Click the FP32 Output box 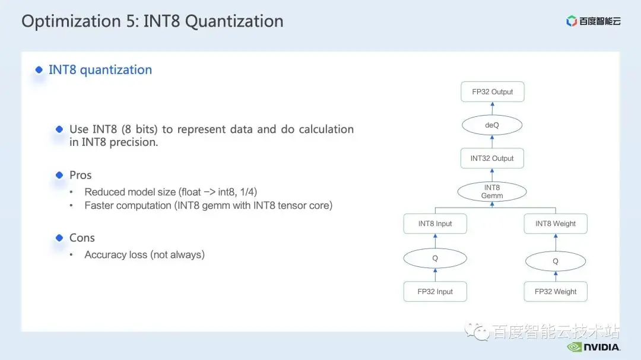(492, 91)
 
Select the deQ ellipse (492, 125)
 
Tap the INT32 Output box (492, 158)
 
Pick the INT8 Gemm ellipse (492, 192)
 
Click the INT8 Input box (435, 224)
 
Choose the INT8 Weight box (556, 224)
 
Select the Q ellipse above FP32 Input (435, 258)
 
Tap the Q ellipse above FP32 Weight (555, 261)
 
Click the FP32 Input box (435, 291)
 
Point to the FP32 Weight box (556, 291)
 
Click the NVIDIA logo (594, 347)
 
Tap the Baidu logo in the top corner (593, 21)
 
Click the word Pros (81, 175)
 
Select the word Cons (82, 237)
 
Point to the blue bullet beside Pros (59, 175)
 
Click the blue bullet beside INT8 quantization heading (39, 69)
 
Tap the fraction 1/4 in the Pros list (248, 192)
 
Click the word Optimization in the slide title (71, 21)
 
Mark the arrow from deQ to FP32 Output (492, 109)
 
